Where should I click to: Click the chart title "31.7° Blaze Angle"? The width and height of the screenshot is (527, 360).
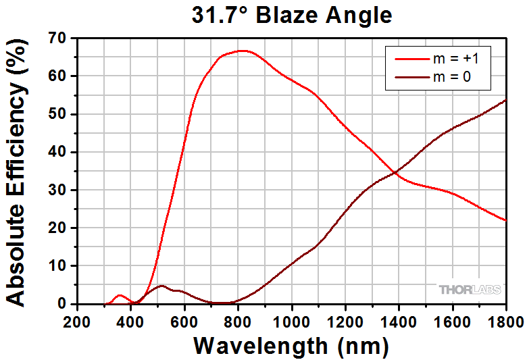click(291, 14)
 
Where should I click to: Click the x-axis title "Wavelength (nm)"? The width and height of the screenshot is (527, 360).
click(291, 346)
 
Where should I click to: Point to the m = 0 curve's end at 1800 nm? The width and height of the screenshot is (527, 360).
click(505, 100)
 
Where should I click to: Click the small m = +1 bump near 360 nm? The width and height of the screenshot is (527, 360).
click(120, 295)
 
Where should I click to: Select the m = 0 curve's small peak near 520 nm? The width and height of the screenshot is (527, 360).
click(161, 286)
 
